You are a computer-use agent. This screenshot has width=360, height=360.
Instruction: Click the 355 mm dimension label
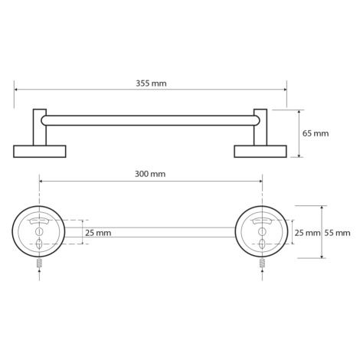coord(151,83)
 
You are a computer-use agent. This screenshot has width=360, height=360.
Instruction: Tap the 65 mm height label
coord(316,133)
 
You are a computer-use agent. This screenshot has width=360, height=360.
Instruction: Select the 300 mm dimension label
coord(150,174)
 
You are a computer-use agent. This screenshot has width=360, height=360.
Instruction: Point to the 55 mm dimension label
coord(338,233)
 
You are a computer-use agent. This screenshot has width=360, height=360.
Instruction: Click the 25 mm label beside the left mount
coord(98,233)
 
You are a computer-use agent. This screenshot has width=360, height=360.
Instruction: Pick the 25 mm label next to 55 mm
coord(308,233)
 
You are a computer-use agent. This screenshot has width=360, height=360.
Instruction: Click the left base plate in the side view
coord(40,152)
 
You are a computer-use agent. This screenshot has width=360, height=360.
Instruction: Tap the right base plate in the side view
coord(260,152)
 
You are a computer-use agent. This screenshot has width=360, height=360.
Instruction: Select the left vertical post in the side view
coord(40,127)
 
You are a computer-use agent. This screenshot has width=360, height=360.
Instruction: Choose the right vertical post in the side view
coord(260,127)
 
